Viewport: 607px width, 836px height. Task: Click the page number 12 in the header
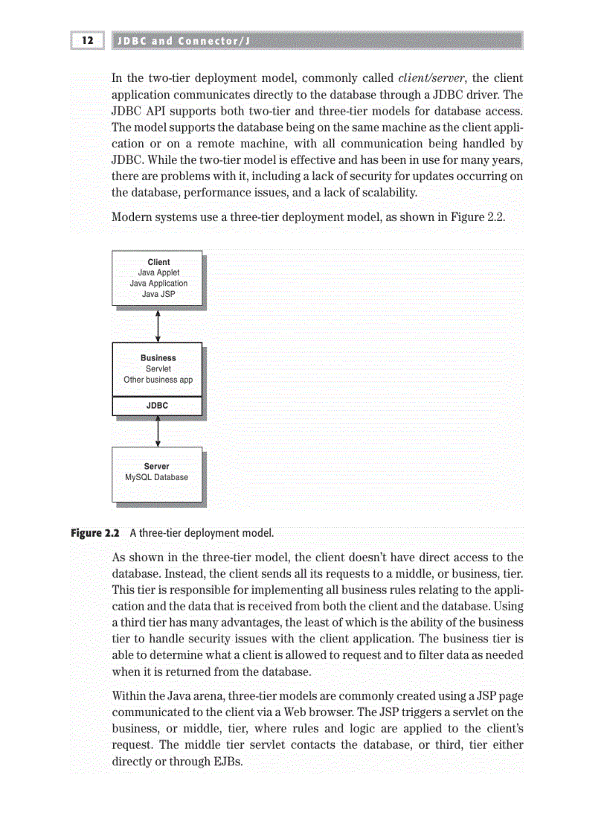tap(87, 40)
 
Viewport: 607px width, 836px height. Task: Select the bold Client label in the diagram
tap(158, 262)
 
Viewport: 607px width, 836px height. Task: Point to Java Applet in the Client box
tap(158, 272)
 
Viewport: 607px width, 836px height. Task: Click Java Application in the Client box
tap(158, 284)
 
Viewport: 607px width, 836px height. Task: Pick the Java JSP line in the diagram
tap(158, 294)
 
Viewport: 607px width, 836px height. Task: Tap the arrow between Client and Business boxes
tap(158, 324)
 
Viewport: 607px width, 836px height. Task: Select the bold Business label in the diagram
tap(158, 358)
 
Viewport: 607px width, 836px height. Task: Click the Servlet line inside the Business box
tap(158, 368)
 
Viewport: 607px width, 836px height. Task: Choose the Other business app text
tap(158, 380)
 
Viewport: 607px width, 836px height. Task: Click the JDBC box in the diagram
tap(157, 406)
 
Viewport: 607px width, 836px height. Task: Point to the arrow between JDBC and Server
tap(158, 431)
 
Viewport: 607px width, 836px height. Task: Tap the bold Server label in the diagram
tap(156, 467)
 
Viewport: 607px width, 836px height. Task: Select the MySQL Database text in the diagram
tap(156, 477)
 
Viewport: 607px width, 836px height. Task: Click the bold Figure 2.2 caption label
tap(96, 533)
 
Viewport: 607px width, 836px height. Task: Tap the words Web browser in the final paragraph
tap(341, 712)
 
